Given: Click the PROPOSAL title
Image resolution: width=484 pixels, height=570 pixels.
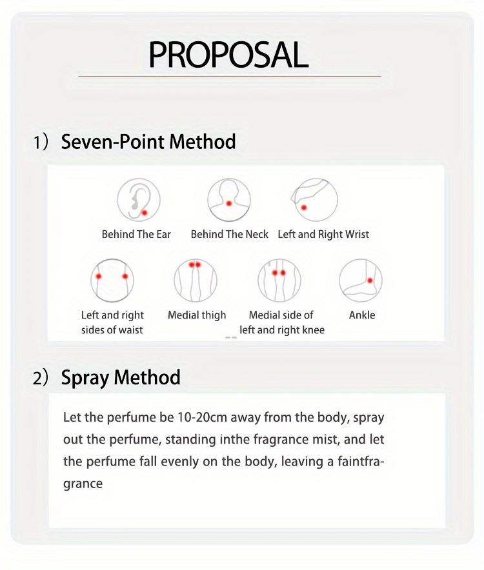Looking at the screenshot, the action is coord(228,55).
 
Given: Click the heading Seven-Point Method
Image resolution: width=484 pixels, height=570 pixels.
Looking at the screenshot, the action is coord(148,141).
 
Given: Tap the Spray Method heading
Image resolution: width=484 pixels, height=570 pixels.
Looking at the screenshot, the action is coord(121,378).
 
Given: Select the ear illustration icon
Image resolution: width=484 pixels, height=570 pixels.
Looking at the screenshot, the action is coord(139,200).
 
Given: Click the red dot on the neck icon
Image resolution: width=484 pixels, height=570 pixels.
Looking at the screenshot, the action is coord(229,204).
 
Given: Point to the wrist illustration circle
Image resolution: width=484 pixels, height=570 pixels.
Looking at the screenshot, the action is coord(316,200).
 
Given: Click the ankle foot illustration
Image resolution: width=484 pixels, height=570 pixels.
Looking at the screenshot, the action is coord(361,280).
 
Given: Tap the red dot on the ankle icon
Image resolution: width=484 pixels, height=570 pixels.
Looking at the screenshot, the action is coord(370,280).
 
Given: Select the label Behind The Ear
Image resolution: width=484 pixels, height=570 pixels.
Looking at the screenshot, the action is coord(136,235).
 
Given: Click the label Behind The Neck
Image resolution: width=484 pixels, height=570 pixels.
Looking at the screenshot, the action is coord(230,235).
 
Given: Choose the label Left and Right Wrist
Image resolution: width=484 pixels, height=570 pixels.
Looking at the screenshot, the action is coord(323,235).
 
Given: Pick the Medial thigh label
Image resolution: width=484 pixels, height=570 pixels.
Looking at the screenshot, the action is coord(197,315).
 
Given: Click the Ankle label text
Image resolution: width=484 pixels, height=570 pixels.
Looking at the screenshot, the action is coord(362,315).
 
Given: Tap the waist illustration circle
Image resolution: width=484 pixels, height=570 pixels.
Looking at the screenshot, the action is coord(112,280).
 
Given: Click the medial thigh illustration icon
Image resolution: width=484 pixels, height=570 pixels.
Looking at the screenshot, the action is coord(196,280).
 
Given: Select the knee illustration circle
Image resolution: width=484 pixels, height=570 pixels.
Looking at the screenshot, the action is coord(279,280).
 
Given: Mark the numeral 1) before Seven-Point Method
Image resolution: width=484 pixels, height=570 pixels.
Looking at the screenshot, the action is coord(41,142).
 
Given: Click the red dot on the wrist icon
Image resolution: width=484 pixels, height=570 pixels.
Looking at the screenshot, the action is coord(304,208).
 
